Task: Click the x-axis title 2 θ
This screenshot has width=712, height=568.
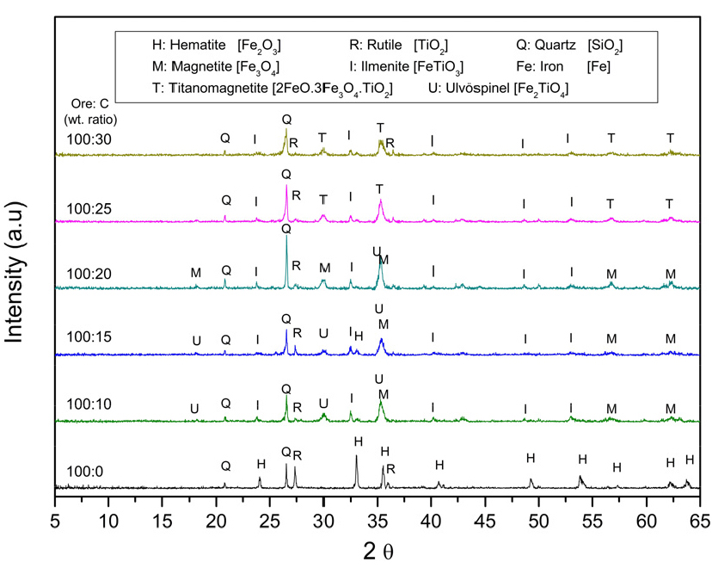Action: click(378, 548)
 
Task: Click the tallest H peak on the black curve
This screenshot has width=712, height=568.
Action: click(357, 457)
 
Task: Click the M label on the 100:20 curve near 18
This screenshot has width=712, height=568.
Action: click(196, 273)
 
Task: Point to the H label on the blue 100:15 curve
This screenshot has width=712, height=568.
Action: click(359, 336)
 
